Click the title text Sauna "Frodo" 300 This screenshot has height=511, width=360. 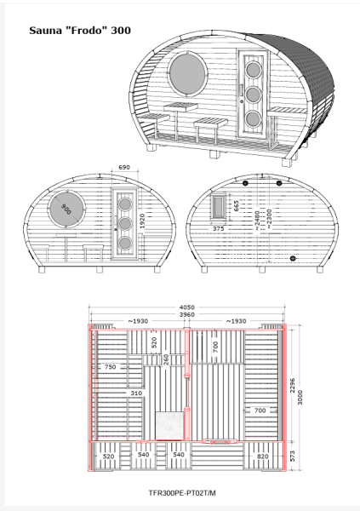[80, 31]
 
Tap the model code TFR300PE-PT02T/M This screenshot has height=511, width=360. [182, 493]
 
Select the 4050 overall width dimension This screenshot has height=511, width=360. [187, 307]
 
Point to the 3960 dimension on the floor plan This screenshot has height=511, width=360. [187, 314]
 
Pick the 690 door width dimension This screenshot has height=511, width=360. [124, 167]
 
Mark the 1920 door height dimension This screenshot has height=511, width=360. [142, 221]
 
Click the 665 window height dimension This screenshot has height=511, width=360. [237, 206]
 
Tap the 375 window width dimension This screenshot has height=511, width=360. [218, 228]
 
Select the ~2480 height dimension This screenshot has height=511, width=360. [257, 221]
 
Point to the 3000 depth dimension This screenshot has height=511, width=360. [300, 397]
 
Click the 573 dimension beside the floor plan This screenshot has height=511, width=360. [292, 456]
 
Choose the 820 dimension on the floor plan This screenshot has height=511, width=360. [263, 456]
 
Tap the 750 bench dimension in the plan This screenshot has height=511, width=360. [110, 366]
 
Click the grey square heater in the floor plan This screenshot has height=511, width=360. [169, 426]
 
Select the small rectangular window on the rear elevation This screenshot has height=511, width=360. [218, 206]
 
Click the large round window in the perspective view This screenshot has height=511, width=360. [188, 73]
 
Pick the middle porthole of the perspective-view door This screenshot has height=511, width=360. [253, 95]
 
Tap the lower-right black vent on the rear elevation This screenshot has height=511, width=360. [293, 258]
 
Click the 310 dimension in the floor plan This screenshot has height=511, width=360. [136, 393]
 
